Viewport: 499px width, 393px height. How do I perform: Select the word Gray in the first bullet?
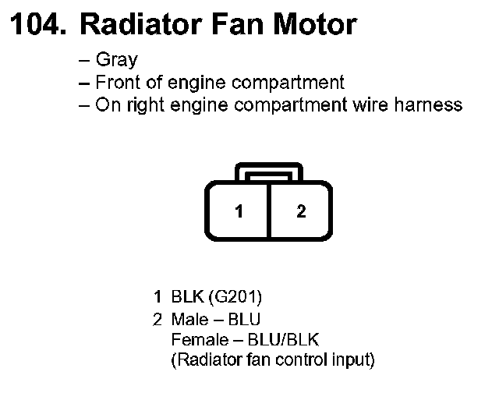point(117,60)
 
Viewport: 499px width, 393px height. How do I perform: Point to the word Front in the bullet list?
point(116,82)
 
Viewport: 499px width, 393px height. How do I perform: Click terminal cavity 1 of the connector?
point(239,211)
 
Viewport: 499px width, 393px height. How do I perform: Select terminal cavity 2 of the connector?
point(301,211)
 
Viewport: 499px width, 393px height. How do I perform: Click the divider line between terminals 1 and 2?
point(269,211)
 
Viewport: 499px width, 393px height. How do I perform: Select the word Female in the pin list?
point(196,340)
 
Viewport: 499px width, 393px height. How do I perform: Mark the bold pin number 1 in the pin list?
point(157,297)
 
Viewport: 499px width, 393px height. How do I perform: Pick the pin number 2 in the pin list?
point(157,319)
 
